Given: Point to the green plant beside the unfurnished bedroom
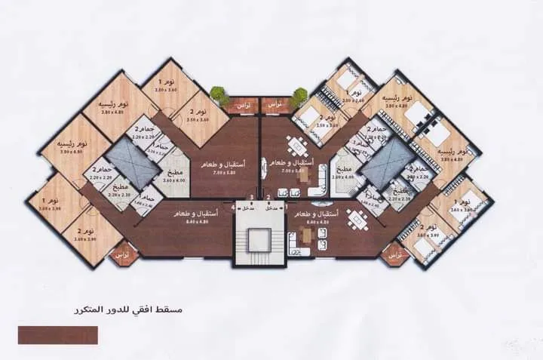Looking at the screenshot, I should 219,95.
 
